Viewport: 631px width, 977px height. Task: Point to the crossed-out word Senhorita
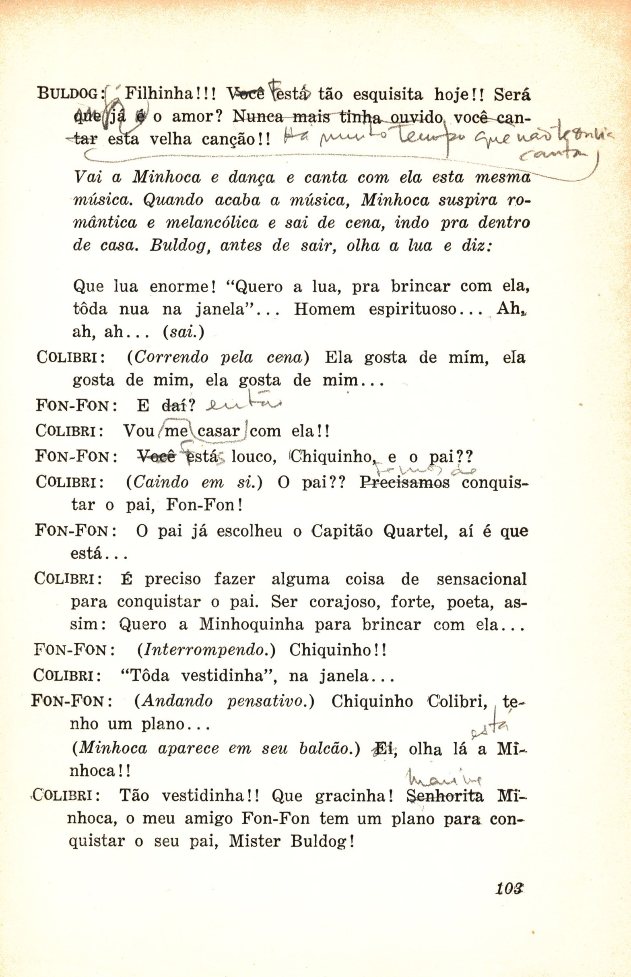tap(445, 796)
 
